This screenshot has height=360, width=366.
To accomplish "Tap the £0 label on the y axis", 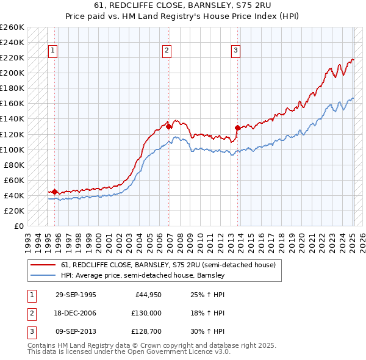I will pos(18,226).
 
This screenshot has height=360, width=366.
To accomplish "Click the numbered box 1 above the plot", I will pos(53,51).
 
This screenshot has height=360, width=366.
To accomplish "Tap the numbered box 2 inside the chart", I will pos(167,51).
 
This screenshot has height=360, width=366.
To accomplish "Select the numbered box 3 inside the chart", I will pos(235,51).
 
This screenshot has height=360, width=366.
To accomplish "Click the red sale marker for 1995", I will pos(55,192).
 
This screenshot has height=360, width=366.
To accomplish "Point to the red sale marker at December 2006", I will pos(168,127).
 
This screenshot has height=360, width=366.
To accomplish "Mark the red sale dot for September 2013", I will pos(237,128).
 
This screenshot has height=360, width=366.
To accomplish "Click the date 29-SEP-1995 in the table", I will pos(76,295).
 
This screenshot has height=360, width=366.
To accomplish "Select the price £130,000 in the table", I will pos(146,313).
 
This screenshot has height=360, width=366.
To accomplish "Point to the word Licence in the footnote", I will pos(196,352).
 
